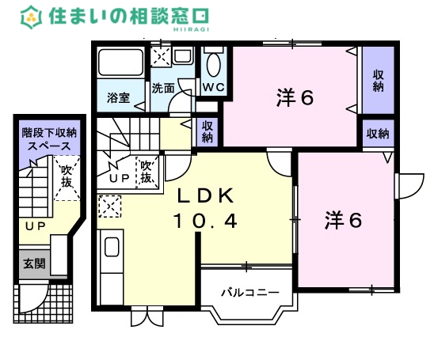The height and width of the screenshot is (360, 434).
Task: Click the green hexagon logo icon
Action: click(x=31, y=16)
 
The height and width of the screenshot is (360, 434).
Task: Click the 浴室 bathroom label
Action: click(x=119, y=99)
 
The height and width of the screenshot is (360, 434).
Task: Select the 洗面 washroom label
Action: click(x=163, y=89)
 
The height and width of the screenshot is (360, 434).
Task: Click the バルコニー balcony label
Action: click(x=249, y=292)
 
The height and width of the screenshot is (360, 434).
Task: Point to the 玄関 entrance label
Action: click(x=33, y=263)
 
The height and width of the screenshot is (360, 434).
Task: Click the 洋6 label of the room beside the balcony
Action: click(x=343, y=220)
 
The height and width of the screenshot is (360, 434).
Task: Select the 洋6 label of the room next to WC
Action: click(x=296, y=98)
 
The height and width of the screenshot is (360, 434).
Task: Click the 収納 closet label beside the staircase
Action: click(x=207, y=131)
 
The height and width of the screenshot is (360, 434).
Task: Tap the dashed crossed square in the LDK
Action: click(x=108, y=207)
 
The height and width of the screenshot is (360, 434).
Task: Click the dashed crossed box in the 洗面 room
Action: click(x=162, y=58)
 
